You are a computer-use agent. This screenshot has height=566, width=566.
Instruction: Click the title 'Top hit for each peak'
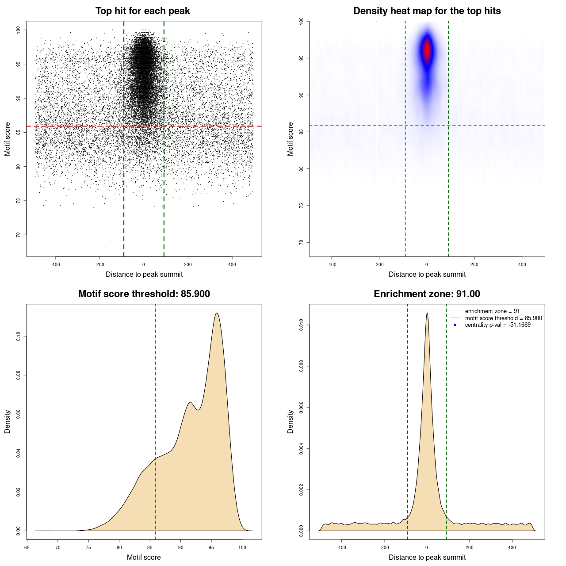coord(142,11)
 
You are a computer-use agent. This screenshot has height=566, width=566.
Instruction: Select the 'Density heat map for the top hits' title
coord(427,11)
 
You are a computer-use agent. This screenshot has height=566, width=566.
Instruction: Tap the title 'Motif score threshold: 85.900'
coord(144,294)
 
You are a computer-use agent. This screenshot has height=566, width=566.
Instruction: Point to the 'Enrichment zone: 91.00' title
coord(427,294)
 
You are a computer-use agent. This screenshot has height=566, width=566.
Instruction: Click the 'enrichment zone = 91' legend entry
coord(492,311)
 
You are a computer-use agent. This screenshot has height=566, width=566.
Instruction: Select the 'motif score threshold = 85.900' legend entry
coord(503,318)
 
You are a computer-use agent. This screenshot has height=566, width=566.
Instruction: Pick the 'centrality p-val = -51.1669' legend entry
coord(497,325)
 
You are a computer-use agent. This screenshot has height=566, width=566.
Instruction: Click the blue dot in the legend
coord(455,325)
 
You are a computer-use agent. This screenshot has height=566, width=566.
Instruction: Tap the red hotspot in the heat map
coord(427,50)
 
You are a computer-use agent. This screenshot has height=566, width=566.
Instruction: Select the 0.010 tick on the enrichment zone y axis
coord(301,325)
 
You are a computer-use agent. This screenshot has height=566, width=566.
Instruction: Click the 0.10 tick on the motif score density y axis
coord(18,337)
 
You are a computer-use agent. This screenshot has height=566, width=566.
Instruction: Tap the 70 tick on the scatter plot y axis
coord(18,235)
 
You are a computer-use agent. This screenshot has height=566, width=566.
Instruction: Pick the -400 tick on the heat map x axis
coord(332,264)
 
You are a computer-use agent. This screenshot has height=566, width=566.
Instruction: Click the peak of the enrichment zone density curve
coord(427,314)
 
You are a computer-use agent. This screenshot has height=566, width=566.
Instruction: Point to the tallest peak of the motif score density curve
coord(217,314)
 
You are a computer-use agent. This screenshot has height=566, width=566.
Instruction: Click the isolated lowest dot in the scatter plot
coord(105,248)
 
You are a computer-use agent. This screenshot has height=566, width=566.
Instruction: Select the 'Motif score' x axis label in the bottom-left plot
coord(144,557)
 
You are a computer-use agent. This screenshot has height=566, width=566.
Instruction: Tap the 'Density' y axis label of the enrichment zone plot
coord(291,421)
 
